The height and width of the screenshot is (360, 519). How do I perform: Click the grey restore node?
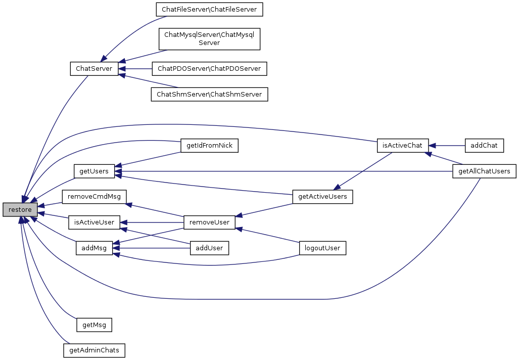pos(20,209)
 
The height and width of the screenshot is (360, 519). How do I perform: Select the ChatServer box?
pos(94,69)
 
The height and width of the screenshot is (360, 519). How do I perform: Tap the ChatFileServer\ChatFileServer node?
pos(209,10)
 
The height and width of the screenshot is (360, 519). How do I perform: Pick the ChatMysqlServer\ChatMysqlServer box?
pos(209,39)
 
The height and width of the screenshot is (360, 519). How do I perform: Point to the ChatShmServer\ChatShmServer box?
pos(209,95)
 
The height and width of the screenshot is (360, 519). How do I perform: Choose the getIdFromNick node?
pos(209,146)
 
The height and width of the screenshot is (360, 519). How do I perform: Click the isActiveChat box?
pos(403,146)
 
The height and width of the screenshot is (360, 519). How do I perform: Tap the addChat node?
pos(484,146)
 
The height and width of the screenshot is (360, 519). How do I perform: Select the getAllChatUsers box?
pos(484,171)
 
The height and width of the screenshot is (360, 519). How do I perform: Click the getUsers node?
pos(94,171)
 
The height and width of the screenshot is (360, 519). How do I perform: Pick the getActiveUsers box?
pos(322,197)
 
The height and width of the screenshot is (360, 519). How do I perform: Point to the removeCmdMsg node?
pos(94,197)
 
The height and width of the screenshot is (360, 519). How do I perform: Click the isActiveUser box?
pos(94,222)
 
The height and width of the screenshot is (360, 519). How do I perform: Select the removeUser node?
pos(209,222)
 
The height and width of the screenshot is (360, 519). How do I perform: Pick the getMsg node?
pos(94,325)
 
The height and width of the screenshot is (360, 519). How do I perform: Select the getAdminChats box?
pos(94,350)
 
